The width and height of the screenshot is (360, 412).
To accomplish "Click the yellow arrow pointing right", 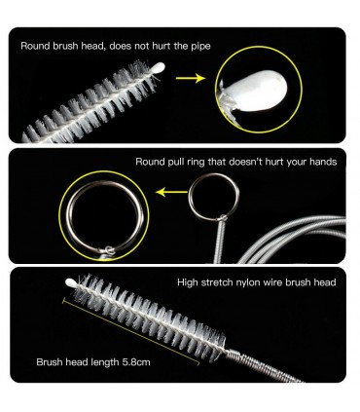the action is [x=191, y=78].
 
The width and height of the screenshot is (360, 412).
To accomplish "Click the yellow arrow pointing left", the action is [x=171, y=192].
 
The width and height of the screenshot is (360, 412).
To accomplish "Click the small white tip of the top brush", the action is [x=159, y=67].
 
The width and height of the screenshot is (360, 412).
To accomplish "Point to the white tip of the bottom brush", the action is [x=71, y=282].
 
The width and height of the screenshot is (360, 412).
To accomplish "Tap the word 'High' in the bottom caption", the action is [x=187, y=282].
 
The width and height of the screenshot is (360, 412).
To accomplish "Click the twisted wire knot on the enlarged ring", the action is [x=109, y=251].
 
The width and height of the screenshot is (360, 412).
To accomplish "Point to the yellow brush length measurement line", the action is [x=130, y=331].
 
